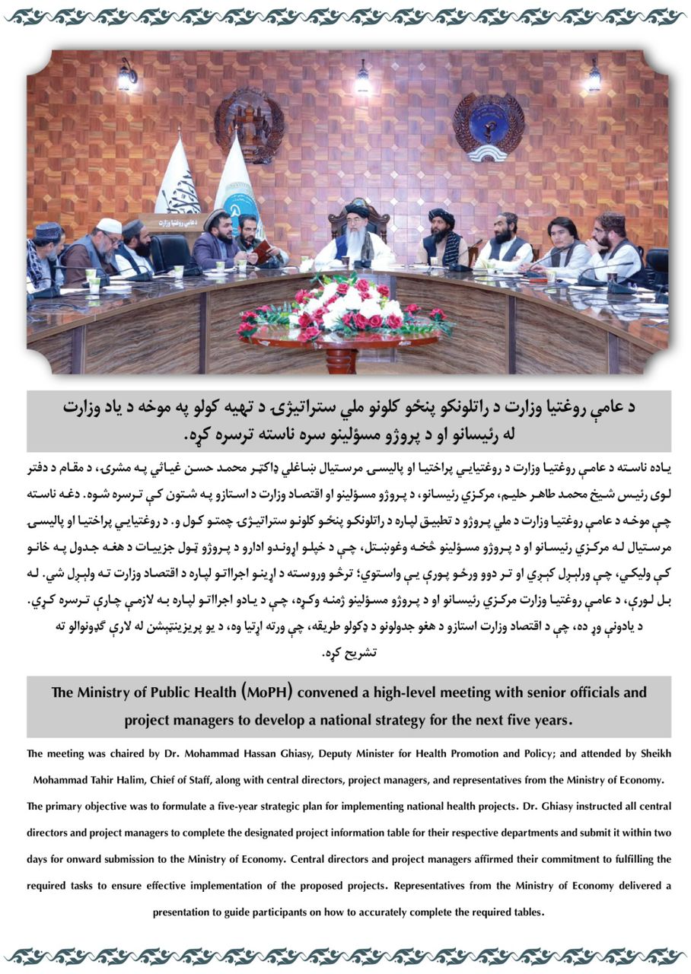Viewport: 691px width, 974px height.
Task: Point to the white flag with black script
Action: tap(177, 179)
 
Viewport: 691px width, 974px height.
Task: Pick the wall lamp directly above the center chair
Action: tap(363, 78)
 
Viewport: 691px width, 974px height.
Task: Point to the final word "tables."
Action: tap(529, 911)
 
